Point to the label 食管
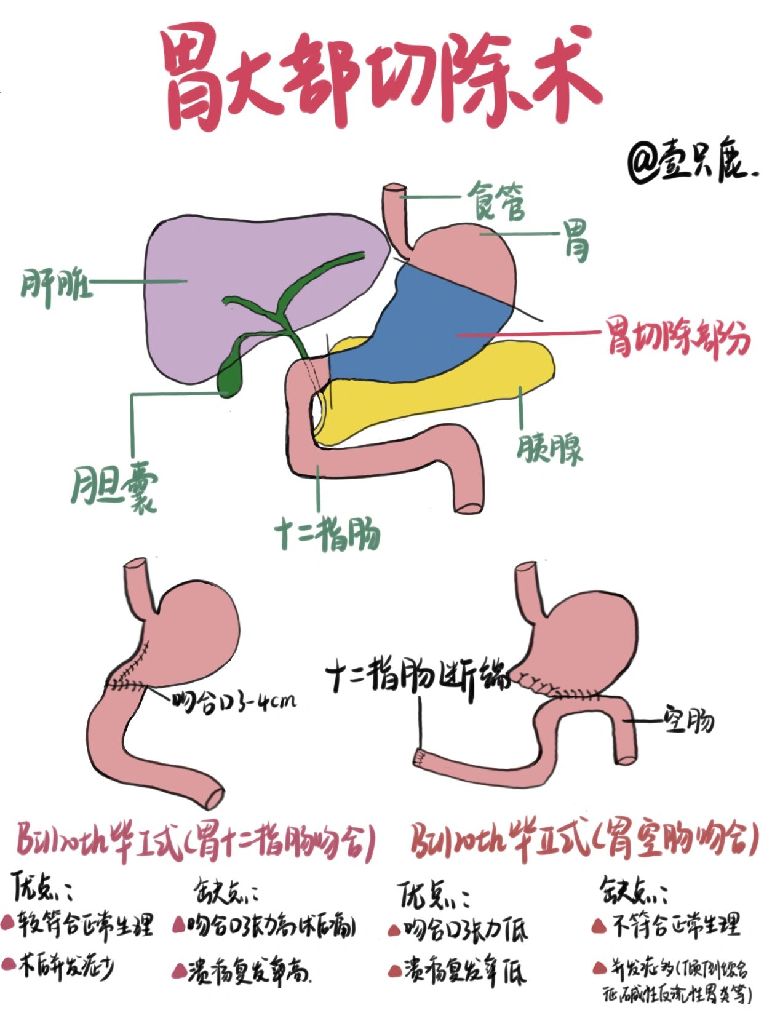[x=496, y=201]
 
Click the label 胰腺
[x=549, y=448]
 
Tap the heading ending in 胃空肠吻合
[x=584, y=839]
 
